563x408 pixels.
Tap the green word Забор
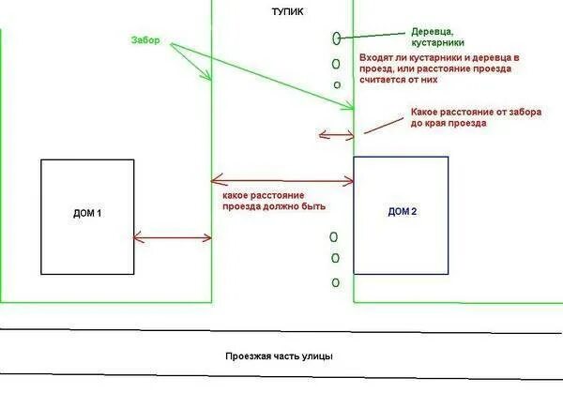click(x=145, y=40)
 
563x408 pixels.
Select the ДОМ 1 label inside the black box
click(x=86, y=214)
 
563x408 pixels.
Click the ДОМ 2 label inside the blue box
click(x=402, y=212)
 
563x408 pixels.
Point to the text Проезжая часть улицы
click(x=279, y=356)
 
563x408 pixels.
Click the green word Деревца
click(x=434, y=31)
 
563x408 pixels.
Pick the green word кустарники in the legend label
click(x=437, y=43)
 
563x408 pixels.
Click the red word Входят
click(x=376, y=57)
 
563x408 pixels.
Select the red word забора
click(x=525, y=112)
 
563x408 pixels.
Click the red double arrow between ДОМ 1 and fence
click(x=173, y=237)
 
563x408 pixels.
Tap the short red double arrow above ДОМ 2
click(x=336, y=134)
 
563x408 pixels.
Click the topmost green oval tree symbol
click(x=336, y=38)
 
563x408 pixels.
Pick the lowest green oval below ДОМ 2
click(x=335, y=282)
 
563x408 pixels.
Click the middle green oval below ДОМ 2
click(x=335, y=258)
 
